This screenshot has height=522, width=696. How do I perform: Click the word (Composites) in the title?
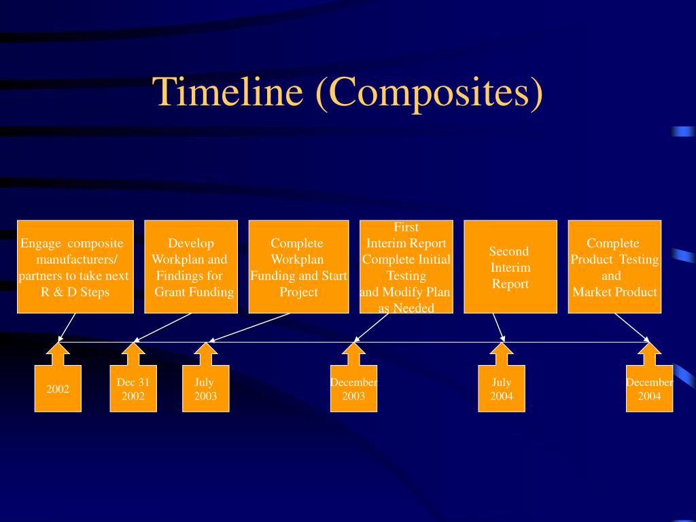429,92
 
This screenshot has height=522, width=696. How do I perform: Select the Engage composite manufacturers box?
75,266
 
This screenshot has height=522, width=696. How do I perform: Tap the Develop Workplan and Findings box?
191,266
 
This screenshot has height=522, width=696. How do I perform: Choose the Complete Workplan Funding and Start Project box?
298,266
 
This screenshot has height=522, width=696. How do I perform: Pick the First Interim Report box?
406,266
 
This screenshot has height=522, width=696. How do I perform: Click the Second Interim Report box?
510,266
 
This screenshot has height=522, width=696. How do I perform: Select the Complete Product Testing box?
614,266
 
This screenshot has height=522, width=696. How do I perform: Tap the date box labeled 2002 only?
58,389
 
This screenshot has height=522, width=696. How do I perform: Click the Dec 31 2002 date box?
133,389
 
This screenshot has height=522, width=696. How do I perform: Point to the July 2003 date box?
205,389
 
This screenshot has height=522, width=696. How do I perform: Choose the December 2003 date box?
353,389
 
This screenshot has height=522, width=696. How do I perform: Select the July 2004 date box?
502,389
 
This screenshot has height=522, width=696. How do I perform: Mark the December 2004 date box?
649,389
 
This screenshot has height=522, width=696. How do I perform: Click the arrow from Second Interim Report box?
499,327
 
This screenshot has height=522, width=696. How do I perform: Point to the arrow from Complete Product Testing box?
632,327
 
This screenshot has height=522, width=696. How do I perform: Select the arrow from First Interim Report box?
372,327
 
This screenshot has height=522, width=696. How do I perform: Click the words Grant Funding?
194,292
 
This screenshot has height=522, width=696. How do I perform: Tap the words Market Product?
614,292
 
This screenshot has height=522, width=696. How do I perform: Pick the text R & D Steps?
75,292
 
